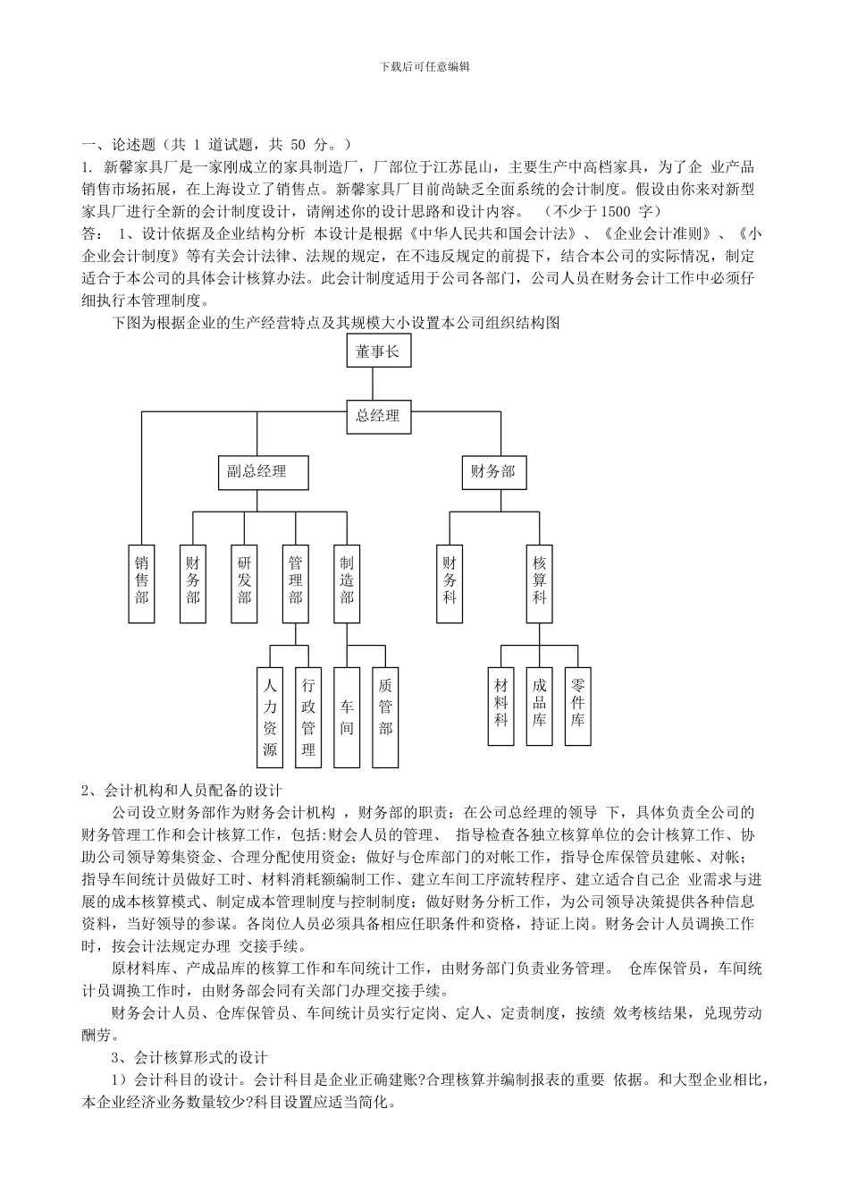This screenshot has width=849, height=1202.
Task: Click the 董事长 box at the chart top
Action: [378, 351]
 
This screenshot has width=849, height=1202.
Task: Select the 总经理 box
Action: [378, 416]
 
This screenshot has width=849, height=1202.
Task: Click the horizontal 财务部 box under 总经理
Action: [493, 471]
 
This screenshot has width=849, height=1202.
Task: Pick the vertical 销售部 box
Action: [142, 584]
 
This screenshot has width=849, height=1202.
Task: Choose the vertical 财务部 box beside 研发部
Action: [193, 584]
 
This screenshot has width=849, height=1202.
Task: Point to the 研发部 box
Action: [244, 584]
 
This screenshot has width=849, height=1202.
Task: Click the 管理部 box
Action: [296, 584]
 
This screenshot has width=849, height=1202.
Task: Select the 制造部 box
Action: [347, 584]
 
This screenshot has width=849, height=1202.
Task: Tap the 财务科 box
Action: [450, 584]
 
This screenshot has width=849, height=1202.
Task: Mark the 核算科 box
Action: [540, 584]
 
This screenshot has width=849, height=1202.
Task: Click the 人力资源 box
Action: [270, 717]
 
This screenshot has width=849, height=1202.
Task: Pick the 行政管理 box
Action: [308, 717]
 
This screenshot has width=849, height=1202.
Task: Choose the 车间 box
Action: [347, 717]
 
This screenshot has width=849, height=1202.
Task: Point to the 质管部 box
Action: [385, 717]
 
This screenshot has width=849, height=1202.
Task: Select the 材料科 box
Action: [501, 706]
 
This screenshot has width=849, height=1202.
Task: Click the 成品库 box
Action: [540, 706]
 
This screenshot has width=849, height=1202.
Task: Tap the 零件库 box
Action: [578, 706]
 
